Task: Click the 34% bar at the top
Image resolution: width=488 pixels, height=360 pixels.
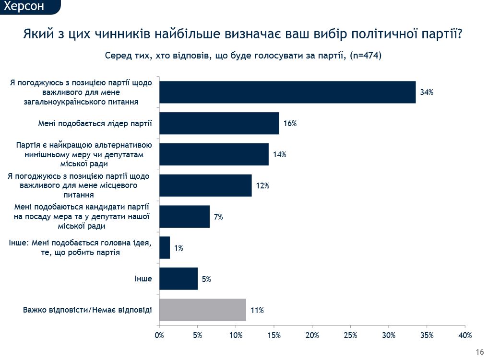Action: point(287,92)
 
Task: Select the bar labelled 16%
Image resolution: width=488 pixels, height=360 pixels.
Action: point(219,123)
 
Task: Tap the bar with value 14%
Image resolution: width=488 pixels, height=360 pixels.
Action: point(214,154)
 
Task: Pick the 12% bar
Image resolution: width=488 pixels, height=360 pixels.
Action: point(205,186)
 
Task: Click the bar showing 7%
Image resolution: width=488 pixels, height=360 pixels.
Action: point(184,217)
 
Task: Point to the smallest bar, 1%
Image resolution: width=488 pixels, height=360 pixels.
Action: point(165,248)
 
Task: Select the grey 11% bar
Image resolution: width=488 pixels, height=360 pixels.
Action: point(202,310)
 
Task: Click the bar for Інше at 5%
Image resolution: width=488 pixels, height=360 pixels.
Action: point(178,279)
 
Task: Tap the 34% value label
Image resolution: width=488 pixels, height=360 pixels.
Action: point(427,93)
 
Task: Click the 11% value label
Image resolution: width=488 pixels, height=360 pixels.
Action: point(257,311)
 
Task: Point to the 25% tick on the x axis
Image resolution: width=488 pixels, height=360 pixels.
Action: point(350,335)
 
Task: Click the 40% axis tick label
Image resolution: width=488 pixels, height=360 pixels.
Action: point(465,335)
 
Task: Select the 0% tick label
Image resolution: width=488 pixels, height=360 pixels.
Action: point(159,335)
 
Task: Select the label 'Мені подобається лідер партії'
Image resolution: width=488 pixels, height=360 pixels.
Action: point(95,124)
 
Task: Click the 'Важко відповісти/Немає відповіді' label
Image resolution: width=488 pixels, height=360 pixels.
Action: point(87,310)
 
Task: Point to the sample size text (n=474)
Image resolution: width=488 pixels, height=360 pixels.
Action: point(366,56)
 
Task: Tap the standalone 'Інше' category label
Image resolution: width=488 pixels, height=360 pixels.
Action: point(143,279)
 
